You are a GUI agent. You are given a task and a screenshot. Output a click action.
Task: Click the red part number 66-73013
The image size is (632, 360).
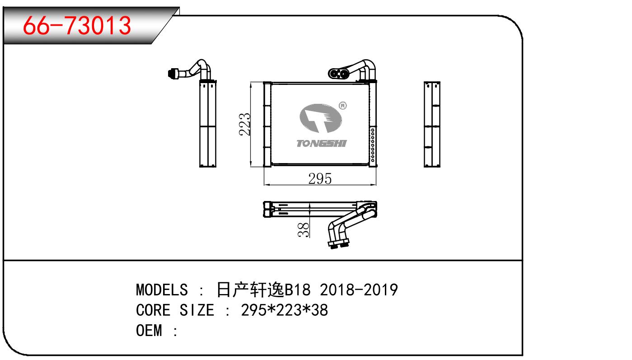(x=77, y=26)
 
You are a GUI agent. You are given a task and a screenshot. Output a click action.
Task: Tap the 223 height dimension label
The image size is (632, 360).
(x=244, y=124)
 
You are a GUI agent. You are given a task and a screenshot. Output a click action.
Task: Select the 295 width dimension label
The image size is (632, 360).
(x=320, y=178)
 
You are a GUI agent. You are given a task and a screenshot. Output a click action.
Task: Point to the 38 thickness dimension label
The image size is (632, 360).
(x=304, y=229)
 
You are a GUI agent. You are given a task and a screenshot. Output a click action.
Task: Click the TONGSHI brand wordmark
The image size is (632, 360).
(x=321, y=143)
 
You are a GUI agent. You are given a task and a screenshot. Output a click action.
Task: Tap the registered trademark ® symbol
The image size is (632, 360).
(x=342, y=106)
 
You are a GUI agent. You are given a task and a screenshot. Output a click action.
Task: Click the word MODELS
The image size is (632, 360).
(x=162, y=290)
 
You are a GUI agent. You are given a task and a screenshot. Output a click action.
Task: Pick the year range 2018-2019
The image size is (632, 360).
(x=359, y=290)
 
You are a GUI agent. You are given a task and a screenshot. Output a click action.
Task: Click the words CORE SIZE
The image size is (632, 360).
(x=175, y=310)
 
